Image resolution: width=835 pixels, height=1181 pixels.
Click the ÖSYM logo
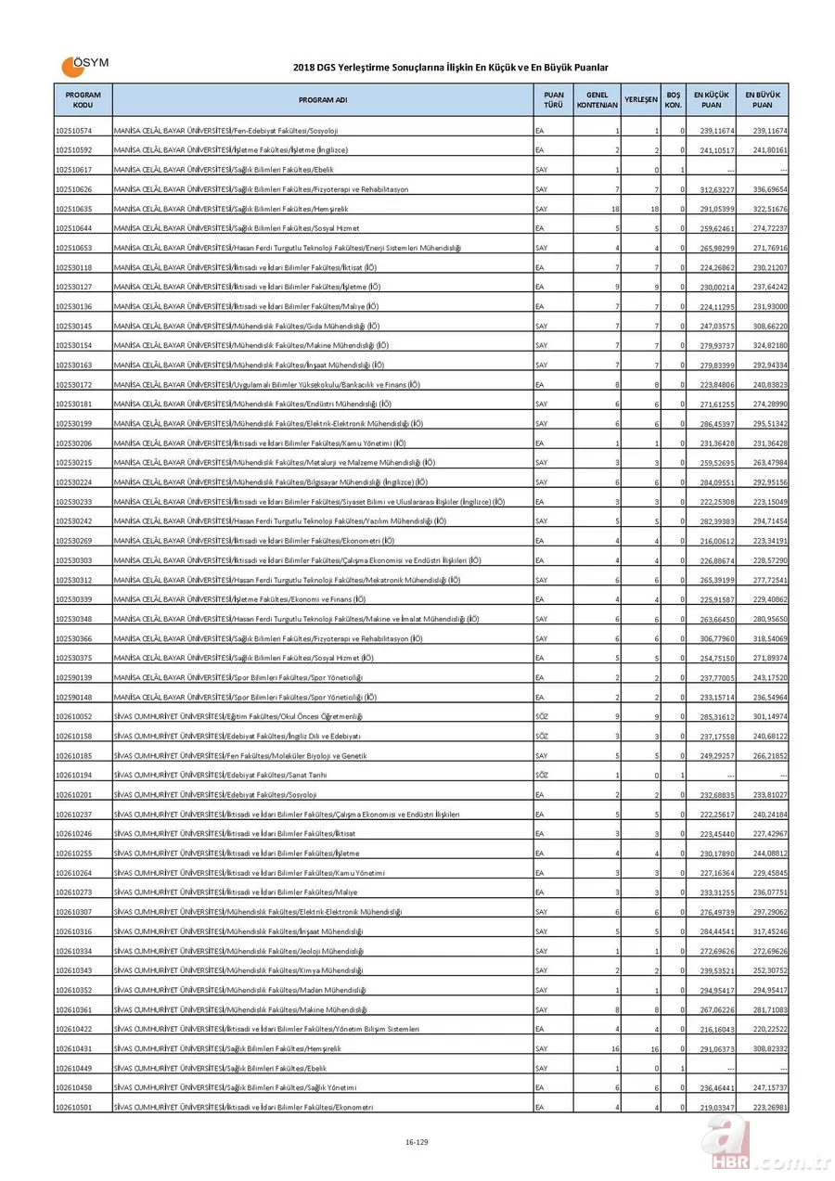click(84, 65)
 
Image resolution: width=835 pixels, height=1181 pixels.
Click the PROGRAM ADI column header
click(323, 99)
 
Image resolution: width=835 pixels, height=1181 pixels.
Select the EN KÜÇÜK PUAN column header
click(711, 99)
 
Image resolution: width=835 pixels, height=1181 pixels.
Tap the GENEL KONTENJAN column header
click(597, 99)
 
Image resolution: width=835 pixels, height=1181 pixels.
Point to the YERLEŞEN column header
click(641, 99)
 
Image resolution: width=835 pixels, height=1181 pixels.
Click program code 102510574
click(73, 131)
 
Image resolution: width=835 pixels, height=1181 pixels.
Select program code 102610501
click(73, 1107)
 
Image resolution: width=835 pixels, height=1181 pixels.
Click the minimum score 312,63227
click(716, 189)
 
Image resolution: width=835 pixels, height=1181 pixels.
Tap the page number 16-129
click(417, 1141)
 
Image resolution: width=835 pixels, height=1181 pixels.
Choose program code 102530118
click(73, 267)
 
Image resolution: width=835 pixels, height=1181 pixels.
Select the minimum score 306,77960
click(716, 638)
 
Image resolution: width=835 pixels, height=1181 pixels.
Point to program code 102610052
click(73, 716)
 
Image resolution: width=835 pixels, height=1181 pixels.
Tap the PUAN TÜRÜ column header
click(553, 99)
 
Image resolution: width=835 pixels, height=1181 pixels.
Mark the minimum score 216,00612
click(716, 541)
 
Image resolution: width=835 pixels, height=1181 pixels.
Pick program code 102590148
click(73, 697)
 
